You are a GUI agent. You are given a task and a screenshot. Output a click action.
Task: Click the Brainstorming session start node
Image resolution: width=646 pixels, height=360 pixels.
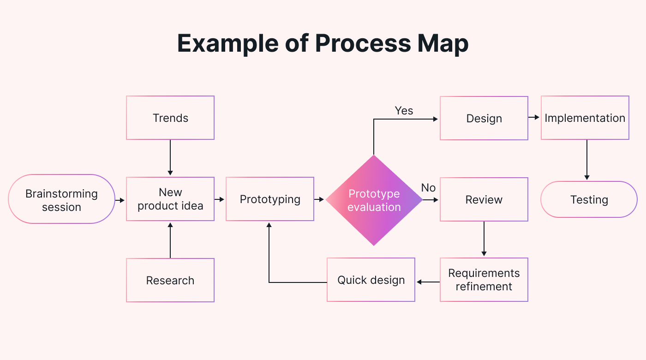tap(61, 199)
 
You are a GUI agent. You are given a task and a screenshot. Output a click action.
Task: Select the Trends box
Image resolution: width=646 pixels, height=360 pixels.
tap(170, 118)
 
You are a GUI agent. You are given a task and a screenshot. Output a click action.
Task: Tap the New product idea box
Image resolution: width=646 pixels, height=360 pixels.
tap(170, 199)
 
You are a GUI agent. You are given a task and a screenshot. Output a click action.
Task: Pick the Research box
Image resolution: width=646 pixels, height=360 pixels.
tap(170, 280)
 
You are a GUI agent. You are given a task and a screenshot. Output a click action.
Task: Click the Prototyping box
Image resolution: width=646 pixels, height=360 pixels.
tap(270, 199)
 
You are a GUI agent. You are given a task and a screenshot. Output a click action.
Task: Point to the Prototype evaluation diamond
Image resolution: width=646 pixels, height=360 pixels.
tap(374, 200)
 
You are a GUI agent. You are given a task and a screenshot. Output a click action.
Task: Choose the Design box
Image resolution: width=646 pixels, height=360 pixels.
tap(484, 118)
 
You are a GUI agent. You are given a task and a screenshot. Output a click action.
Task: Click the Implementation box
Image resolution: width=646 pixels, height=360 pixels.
tap(585, 118)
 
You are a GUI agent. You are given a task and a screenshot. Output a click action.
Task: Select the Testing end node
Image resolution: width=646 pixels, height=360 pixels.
tap(589, 199)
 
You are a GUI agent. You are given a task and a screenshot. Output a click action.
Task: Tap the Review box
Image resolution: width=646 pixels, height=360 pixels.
tap(484, 199)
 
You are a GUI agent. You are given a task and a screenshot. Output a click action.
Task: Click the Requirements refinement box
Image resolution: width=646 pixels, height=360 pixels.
tap(484, 280)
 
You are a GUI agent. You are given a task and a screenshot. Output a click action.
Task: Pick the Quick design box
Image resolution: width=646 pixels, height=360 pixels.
tap(371, 280)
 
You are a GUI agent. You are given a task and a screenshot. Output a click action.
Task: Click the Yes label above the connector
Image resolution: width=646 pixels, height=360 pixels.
tap(404, 111)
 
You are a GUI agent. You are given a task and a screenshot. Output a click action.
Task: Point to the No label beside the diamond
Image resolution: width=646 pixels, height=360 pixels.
tap(428, 187)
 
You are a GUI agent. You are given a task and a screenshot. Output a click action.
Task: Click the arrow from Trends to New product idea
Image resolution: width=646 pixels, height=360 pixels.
tap(170, 157)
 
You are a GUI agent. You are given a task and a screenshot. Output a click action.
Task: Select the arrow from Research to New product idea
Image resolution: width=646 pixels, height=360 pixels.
tap(170, 240)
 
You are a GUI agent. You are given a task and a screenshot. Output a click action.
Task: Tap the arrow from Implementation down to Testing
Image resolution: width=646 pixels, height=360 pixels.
tap(587, 160)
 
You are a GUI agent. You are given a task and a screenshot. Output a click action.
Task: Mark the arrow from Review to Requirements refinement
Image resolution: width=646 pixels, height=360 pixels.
tap(484, 239)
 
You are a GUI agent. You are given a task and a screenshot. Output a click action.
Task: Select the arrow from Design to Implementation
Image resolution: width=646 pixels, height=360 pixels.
tap(534, 118)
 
